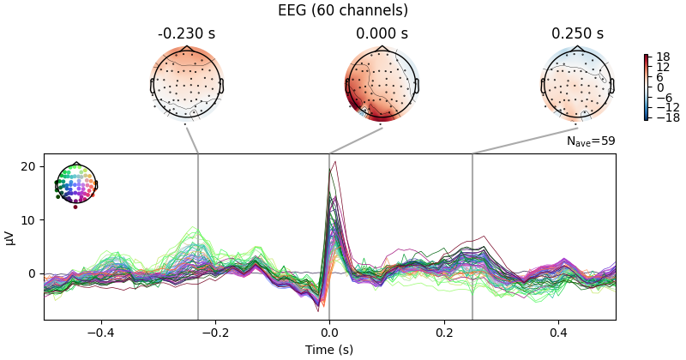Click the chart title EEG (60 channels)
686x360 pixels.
343,11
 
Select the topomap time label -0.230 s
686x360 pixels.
187,34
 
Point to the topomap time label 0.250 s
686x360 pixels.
577,34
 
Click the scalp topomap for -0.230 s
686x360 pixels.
187,85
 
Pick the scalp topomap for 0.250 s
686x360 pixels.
577,85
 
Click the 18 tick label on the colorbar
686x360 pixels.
663,57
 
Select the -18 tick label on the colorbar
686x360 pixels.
666,117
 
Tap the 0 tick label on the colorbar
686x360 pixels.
660,87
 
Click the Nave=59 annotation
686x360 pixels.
591,141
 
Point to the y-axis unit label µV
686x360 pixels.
10,237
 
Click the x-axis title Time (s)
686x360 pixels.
329,350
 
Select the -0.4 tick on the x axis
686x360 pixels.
101,333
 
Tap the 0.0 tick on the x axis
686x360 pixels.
329,333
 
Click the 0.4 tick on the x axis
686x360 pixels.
558,333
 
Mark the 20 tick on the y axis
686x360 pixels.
29,166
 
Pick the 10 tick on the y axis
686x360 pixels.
29,220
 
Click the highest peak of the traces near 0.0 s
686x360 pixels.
334,162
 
